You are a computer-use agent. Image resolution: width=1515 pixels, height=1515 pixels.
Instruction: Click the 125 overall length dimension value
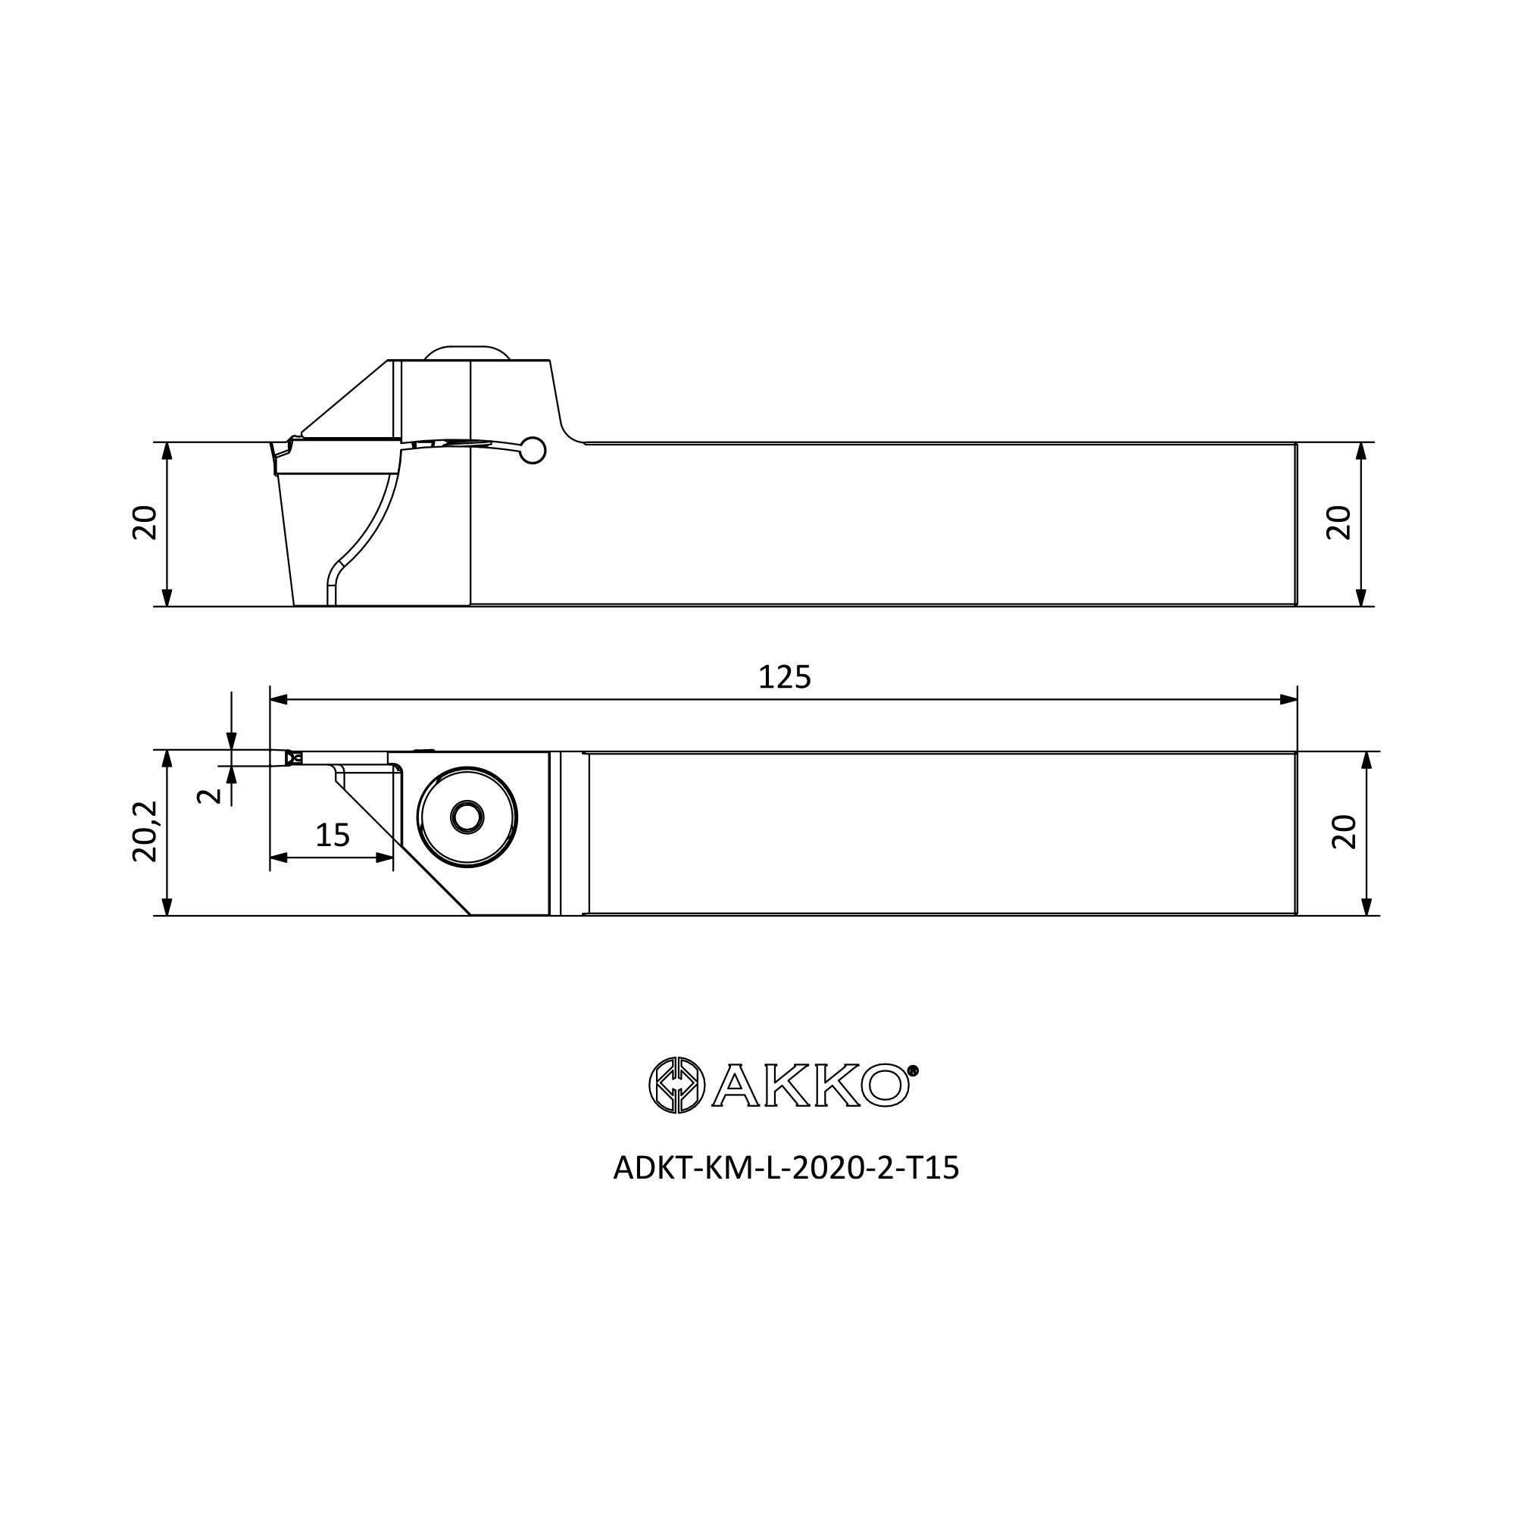point(784,677)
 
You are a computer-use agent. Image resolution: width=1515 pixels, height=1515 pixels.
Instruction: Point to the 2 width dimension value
point(208,796)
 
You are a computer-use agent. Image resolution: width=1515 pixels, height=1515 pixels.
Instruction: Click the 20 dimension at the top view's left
point(146,522)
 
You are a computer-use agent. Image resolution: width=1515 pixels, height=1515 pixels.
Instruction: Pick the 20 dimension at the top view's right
point(1339,522)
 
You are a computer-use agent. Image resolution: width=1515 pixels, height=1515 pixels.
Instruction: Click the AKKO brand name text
point(810,1085)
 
